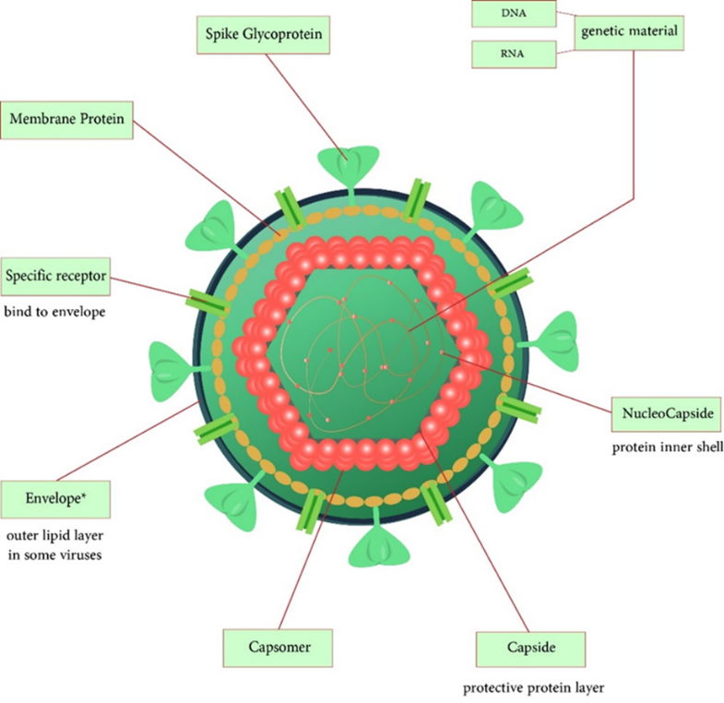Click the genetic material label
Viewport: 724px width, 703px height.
click(630, 33)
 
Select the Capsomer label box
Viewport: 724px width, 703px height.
click(279, 648)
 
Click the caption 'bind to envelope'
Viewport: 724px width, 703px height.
click(54, 311)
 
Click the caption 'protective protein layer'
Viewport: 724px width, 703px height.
click(534, 687)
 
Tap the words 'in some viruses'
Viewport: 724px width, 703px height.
click(54, 555)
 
